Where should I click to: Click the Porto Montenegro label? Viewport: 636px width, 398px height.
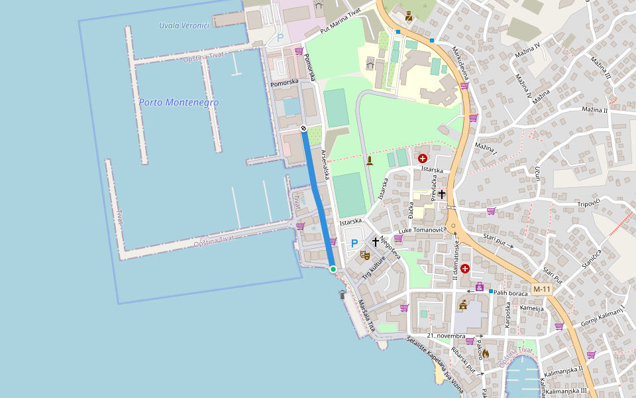tap(179, 103)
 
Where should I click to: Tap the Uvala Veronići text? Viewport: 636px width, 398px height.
tap(184, 26)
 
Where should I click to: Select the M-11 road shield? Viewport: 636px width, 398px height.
tap(542, 289)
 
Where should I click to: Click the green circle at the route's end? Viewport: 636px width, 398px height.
tap(333, 269)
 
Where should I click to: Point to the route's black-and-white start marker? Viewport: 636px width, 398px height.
tap(303, 128)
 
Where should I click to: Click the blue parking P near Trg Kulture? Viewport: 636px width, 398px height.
tap(354, 243)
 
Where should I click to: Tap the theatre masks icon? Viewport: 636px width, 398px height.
tap(364, 255)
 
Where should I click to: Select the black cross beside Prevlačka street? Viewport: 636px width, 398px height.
tap(442, 194)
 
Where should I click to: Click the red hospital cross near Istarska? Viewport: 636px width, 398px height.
tap(423, 159)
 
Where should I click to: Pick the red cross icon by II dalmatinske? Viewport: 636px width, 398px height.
tap(465, 269)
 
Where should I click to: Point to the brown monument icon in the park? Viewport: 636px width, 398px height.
tap(370, 161)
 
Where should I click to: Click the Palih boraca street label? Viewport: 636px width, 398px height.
tap(510, 293)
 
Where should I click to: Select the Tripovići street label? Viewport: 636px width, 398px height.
tap(588, 203)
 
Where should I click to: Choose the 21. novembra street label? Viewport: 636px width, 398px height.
tap(445, 336)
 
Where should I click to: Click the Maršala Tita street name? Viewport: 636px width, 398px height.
tap(367, 316)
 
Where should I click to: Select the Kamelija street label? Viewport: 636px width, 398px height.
tap(531, 308)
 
